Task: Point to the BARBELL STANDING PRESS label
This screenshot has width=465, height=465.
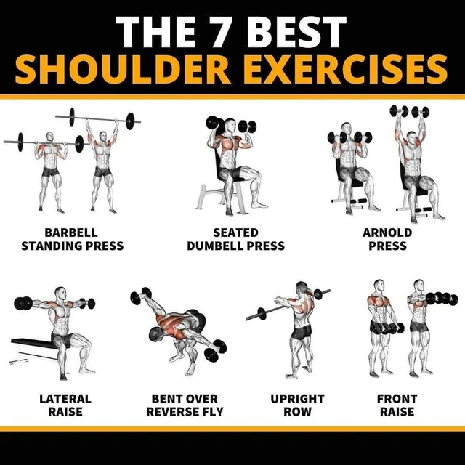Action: pos(72,239)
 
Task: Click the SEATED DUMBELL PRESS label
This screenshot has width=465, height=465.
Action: pos(235,239)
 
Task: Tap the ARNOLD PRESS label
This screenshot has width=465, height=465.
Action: pos(387,239)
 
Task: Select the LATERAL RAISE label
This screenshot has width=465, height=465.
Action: pos(65,405)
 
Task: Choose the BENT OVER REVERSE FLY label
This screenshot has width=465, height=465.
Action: pos(185,405)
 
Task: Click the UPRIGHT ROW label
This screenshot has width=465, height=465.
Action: pos(297,405)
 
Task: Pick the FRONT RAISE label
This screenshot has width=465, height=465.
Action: pos(397,405)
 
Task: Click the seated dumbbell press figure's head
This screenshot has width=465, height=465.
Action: pos(230,128)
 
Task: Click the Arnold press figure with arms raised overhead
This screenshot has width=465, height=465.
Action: pos(415,167)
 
